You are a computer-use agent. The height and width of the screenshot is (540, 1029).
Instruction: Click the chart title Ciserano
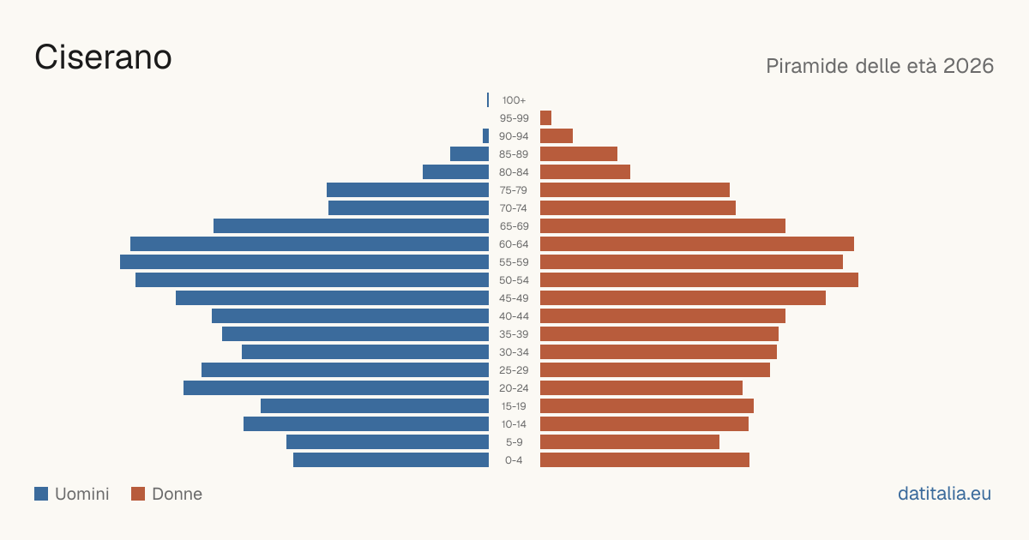103,57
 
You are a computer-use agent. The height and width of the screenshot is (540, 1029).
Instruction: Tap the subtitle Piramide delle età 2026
880,66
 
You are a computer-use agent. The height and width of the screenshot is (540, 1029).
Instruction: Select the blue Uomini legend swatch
41,494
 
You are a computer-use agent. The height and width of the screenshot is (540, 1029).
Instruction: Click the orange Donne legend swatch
138,494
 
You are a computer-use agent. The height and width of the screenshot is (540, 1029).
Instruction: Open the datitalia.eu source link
944,494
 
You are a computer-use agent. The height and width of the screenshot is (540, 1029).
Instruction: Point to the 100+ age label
514,100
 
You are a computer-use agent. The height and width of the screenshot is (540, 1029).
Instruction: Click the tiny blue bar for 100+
488,100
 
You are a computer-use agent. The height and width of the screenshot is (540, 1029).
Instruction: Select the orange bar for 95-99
545,118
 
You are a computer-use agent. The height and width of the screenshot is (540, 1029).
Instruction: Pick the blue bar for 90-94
485,136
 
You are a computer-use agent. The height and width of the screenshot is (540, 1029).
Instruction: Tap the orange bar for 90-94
557,136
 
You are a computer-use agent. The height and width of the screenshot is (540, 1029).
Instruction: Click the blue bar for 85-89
470,153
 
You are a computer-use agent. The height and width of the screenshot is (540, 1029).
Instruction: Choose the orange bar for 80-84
585,171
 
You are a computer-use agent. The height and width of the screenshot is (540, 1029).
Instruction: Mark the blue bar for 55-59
304,261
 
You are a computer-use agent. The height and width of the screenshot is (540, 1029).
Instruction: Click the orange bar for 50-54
699,280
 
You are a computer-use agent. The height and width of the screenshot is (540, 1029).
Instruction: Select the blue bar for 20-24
336,388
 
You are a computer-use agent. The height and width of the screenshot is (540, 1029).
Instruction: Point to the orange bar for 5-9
629,441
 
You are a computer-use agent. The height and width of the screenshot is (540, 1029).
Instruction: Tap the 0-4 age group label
514,460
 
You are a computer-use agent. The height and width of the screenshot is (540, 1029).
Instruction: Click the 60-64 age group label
514,243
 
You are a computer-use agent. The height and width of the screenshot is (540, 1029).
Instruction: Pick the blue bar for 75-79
408,189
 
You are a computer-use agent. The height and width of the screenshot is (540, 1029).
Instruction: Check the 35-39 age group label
514,333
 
